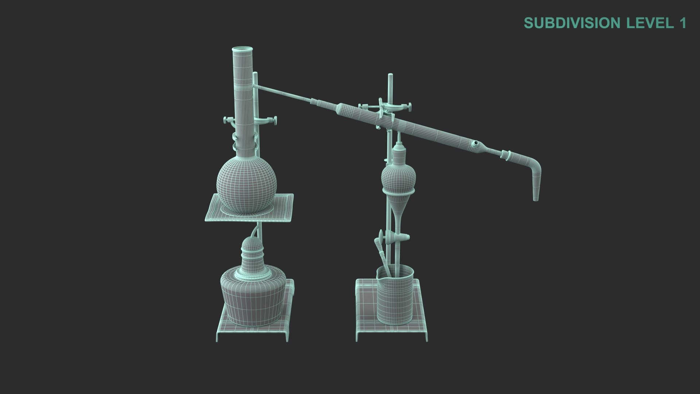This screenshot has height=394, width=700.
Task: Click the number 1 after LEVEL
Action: pos(682,23)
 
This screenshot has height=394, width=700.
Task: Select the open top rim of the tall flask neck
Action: pos(242,49)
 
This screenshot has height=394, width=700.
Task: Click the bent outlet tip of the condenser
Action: pos(536,190)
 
